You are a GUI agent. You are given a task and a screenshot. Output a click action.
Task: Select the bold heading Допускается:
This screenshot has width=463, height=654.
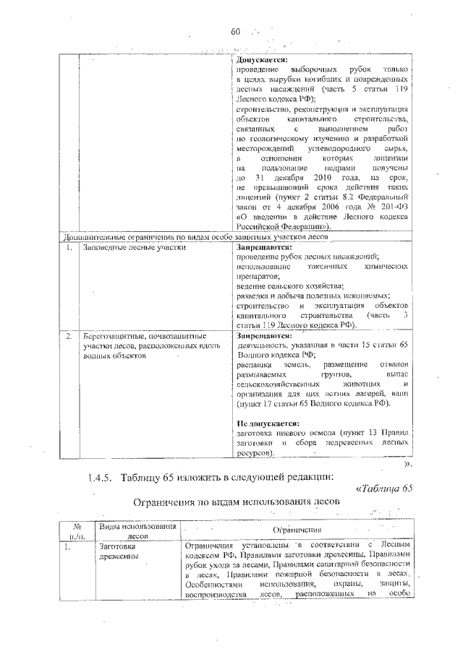(x=263, y=60)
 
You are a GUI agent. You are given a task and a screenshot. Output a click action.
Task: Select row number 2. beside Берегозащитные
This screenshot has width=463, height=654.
(x=68, y=336)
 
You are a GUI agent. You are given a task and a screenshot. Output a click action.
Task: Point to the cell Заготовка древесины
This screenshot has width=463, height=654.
(x=121, y=552)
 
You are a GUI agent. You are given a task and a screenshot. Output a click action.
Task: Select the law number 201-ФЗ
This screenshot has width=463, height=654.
(x=396, y=205)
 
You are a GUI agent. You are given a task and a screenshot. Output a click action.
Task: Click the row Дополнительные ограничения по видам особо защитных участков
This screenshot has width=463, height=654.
(x=195, y=236)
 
